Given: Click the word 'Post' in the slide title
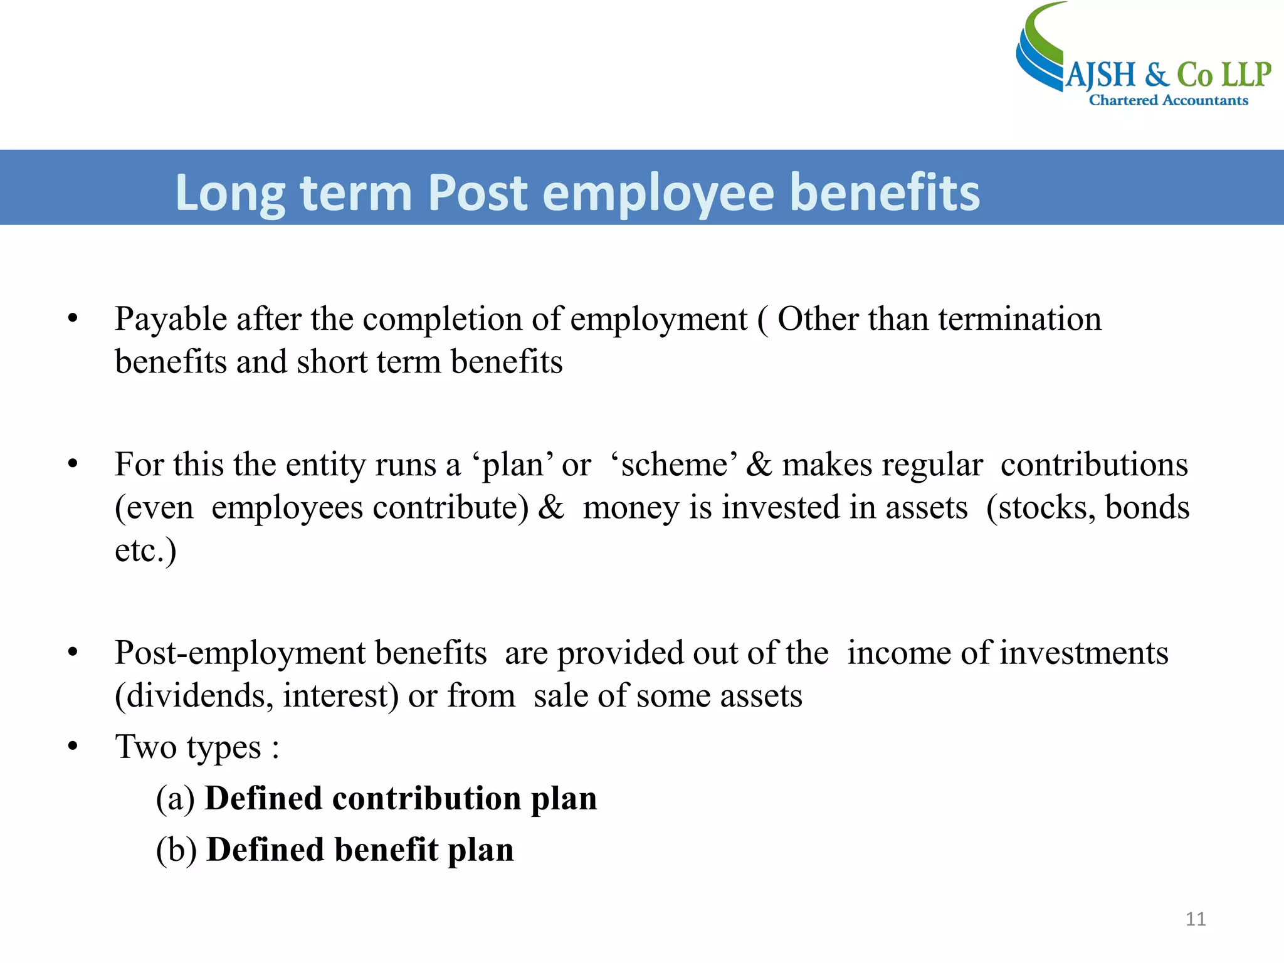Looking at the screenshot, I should (477, 192).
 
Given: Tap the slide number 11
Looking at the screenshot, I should (1196, 919).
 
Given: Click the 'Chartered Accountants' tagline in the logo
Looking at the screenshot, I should (1168, 100).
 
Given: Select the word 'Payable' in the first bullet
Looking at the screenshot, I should (171, 320).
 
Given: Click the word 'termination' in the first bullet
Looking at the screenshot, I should (1019, 319).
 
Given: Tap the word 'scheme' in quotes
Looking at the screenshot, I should (674, 465).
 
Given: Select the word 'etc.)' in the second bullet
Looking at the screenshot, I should (145, 550).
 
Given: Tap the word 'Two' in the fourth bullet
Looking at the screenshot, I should (145, 747).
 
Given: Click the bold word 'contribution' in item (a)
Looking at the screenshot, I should (426, 799).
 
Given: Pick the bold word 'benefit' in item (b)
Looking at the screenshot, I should (385, 850).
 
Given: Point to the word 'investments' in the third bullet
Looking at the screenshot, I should (1083, 653).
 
